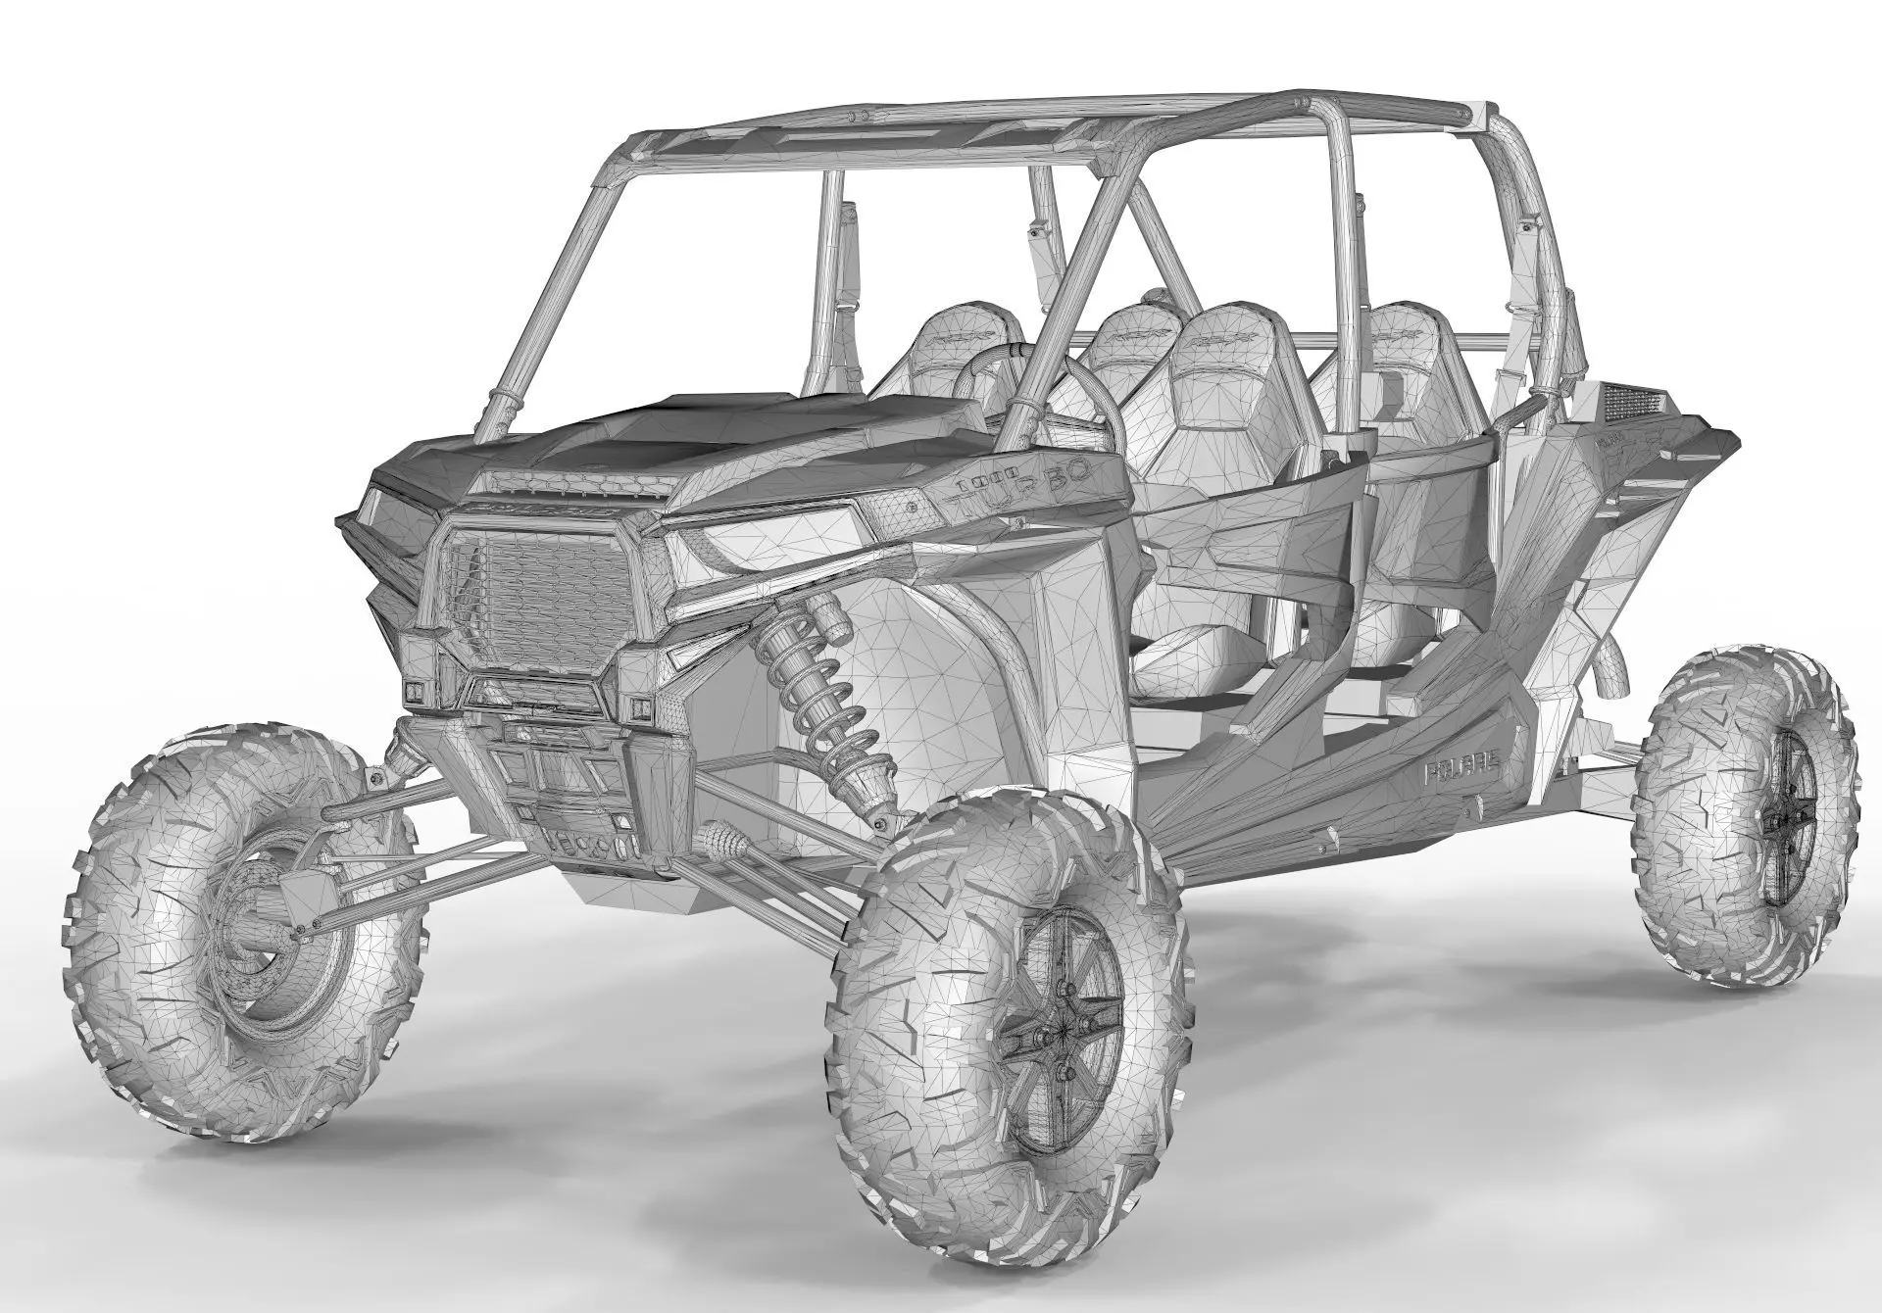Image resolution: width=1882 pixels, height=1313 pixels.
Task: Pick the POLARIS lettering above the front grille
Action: tap(534, 511)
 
